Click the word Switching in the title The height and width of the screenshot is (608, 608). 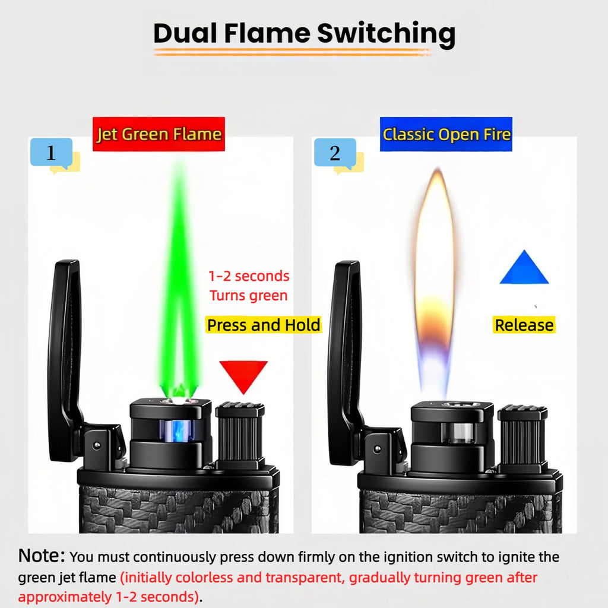click(x=386, y=34)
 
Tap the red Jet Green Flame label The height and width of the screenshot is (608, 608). click(x=159, y=134)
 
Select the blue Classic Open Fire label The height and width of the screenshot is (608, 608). click(x=446, y=134)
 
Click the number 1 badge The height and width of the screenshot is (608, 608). click(x=52, y=153)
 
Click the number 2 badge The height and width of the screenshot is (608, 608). click(x=335, y=153)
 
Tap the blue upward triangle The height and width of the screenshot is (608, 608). click(x=524, y=267)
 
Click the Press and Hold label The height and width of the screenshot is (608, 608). click(x=264, y=325)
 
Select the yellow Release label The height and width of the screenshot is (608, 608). click(x=524, y=325)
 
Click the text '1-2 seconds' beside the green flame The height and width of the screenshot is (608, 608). click(x=249, y=276)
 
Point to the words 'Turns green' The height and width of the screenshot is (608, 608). click(x=249, y=296)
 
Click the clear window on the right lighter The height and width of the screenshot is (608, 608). click(x=458, y=432)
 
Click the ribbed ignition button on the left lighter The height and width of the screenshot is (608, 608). click(x=240, y=433)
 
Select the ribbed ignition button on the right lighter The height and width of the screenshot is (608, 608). click(x=522, y=436)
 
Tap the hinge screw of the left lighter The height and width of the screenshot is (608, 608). click(x=97, y=445)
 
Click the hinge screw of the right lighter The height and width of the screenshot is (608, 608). click(x=377, y=449)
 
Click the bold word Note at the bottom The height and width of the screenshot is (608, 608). click(x=42, y=555)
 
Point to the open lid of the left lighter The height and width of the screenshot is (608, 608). click(x=65, y=360)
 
